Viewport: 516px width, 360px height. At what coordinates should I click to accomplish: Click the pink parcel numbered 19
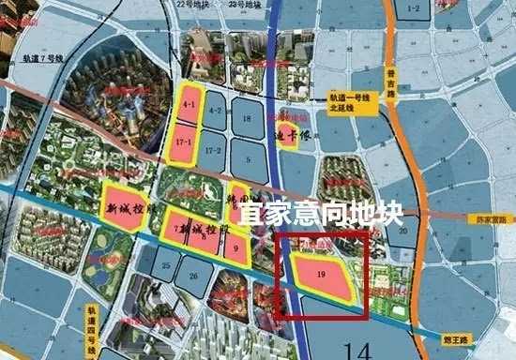[x=322, y=275]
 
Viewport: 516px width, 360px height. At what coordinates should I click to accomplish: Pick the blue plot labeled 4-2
[x=215, y=111]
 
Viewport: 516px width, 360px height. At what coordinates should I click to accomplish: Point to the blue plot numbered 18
[x=247, y=119]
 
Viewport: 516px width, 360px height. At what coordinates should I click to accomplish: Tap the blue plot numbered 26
[x=193, y=275]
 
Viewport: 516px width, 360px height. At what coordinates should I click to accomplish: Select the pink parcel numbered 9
[x=237, y=247]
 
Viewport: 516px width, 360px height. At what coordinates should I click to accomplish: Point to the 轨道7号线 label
[x=42, y=58]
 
